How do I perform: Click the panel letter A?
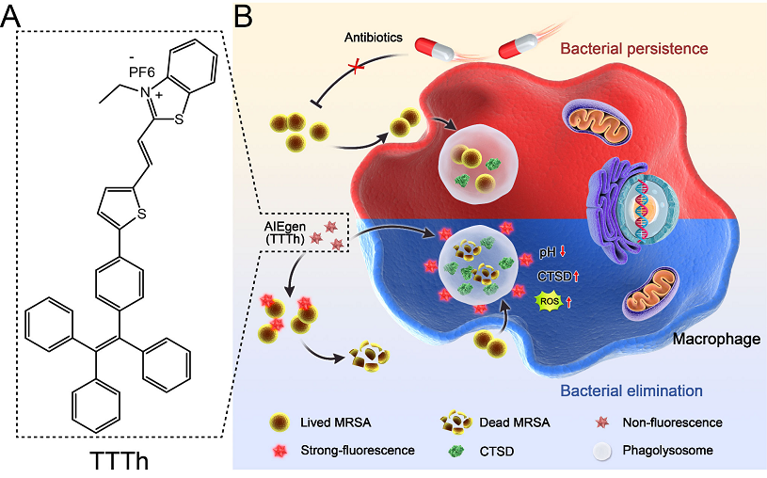19,17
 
